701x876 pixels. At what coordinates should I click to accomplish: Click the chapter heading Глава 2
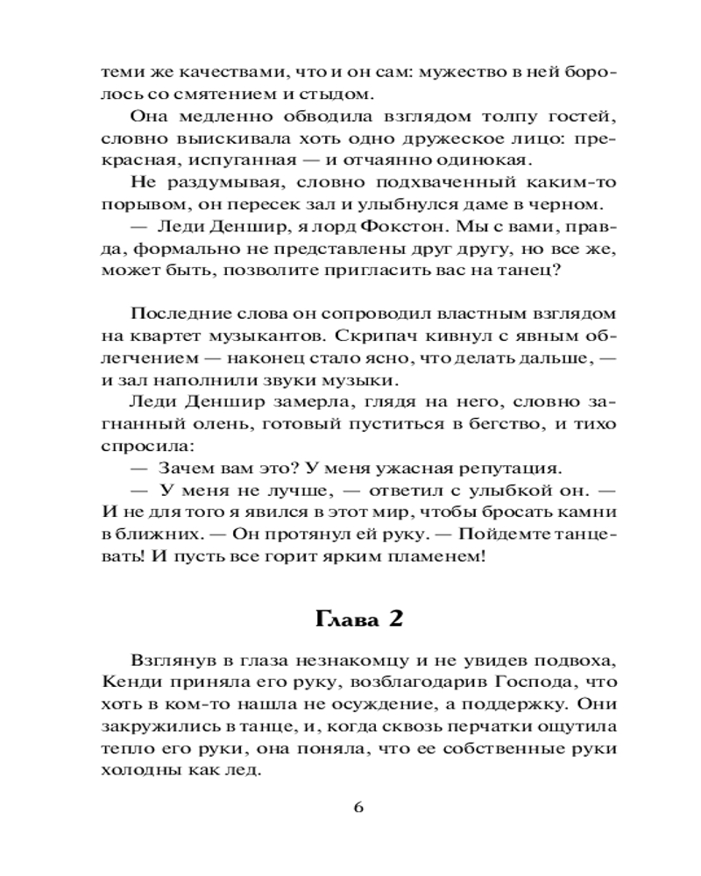[x=358, y=619]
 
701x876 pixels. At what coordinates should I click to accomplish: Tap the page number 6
[x=358, y=807]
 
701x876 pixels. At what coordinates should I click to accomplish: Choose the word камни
[x=588, y=512]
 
